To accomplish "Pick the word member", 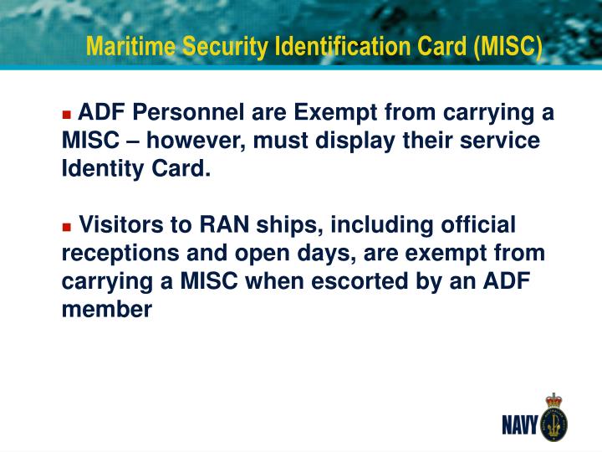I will (107, 309).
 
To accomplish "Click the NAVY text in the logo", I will (518, 425).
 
